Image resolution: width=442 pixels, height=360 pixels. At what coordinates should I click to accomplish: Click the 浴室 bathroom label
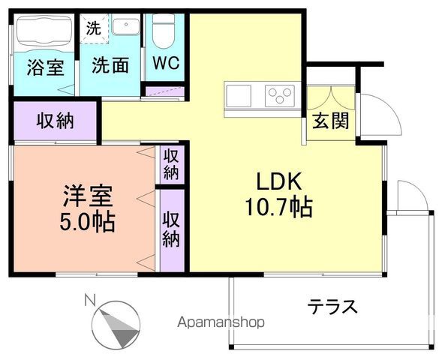tap(46, 67)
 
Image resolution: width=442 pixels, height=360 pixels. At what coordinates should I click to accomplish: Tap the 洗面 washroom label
tap(110, 65)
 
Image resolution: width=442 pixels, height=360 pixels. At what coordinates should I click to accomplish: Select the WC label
tap(165, 64)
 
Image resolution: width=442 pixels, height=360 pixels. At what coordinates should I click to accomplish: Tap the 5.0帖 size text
tap(87, 223)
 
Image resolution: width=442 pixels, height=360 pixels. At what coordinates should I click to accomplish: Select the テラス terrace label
tap(331, 307)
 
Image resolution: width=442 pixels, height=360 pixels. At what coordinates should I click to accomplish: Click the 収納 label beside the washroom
tap(55, 121)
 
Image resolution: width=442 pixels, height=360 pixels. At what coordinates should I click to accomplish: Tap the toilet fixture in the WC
tap(163, 31)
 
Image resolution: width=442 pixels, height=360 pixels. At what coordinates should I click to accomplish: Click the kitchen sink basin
tap(239, 96)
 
